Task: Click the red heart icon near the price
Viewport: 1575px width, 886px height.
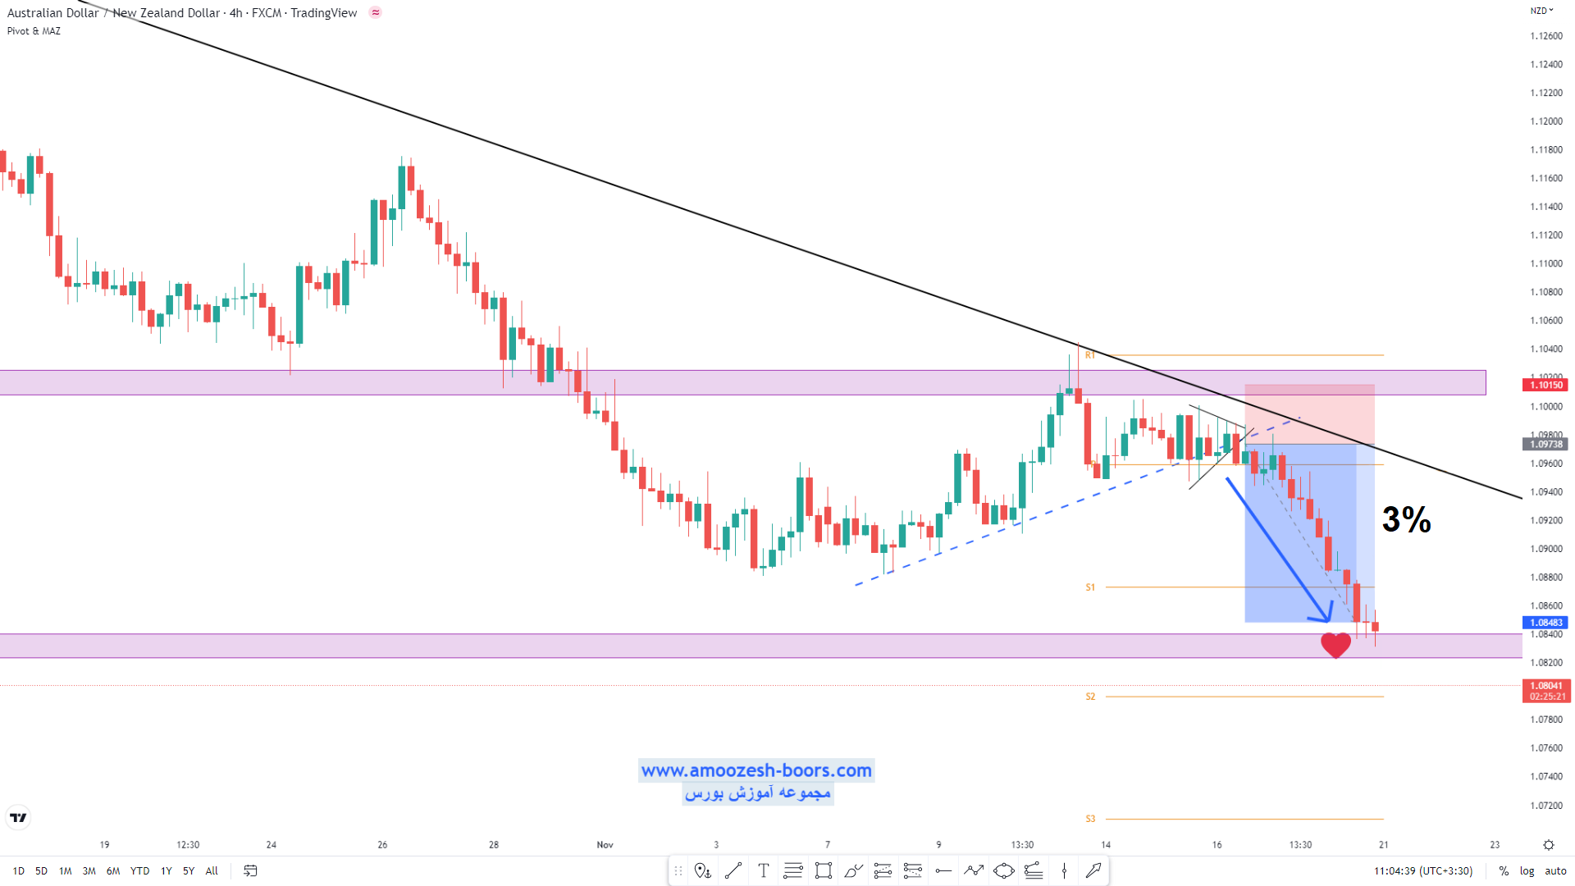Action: click(1335, 645)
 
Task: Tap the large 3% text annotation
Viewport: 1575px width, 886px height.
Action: click(1406, 519)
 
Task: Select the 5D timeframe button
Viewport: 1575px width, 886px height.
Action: click(41, 871)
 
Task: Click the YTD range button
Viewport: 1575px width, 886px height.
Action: click(139, 871)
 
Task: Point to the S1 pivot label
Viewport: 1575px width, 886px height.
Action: click(1090, 587)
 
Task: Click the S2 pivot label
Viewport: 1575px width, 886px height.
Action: click(1090, 696)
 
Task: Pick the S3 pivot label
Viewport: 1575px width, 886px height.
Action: click(1090, 819)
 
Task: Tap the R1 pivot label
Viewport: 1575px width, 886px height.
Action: click(1090, 355)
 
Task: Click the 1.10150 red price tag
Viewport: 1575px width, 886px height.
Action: click(1545, 385)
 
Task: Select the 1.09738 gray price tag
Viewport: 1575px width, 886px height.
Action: click(1545, 444)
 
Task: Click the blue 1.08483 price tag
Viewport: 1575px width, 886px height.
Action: click(1545, 623)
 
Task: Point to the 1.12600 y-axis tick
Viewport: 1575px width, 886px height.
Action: click(1546, 36)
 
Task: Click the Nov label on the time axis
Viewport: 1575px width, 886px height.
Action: click(605, 845)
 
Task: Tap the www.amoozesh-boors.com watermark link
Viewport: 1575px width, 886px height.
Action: click(756, 770)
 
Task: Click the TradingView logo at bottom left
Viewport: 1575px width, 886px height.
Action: click(18, 817)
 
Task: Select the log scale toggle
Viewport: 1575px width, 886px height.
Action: click(1527, 871)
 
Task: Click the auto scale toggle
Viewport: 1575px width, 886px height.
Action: click(1555, 871)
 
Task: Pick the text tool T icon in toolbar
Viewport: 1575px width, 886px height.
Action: click(763, 871)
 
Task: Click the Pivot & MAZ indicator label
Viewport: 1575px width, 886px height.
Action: click(34, 31)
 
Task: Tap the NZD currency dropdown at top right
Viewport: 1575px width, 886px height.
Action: click(1541, 11)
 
